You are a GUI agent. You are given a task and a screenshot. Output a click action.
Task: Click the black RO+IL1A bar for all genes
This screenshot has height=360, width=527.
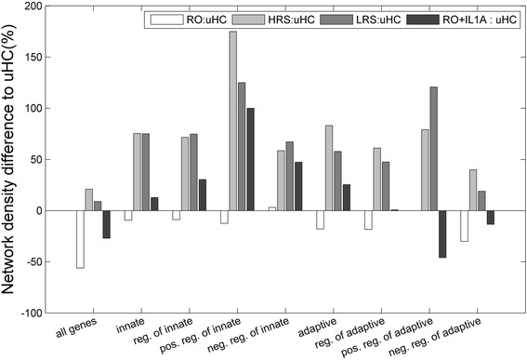(107, 224)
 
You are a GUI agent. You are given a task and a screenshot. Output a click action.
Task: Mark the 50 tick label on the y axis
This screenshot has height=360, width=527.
(45, 160)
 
